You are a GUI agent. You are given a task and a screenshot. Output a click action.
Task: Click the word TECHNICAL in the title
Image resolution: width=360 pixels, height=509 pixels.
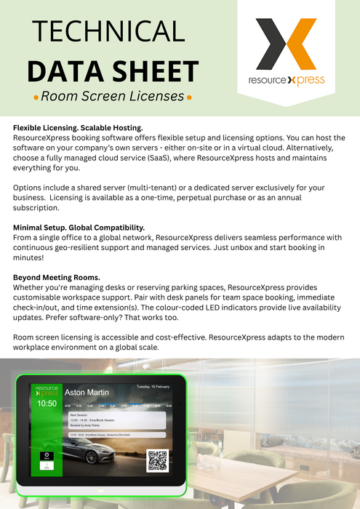point(108,31)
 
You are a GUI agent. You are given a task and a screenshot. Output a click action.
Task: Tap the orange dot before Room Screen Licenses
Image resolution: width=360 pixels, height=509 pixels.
point(36,97)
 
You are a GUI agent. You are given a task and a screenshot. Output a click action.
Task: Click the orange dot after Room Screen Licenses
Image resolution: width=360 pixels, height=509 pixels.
point(190,97)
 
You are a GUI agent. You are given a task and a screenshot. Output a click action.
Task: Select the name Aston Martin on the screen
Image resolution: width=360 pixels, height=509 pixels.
point(87,392)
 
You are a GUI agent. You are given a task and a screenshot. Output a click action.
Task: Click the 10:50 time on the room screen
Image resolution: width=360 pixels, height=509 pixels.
point(47,403)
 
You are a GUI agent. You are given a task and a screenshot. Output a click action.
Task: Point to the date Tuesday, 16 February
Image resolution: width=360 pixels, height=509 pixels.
point(154,387)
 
